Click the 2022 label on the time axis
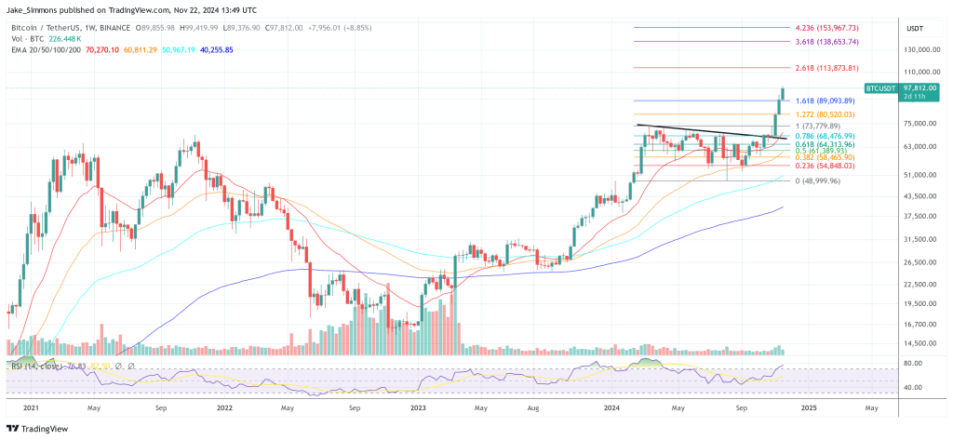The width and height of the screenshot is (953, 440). click(x=224, y=407)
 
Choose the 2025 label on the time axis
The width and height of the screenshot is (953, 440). click(x=807, y=407)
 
